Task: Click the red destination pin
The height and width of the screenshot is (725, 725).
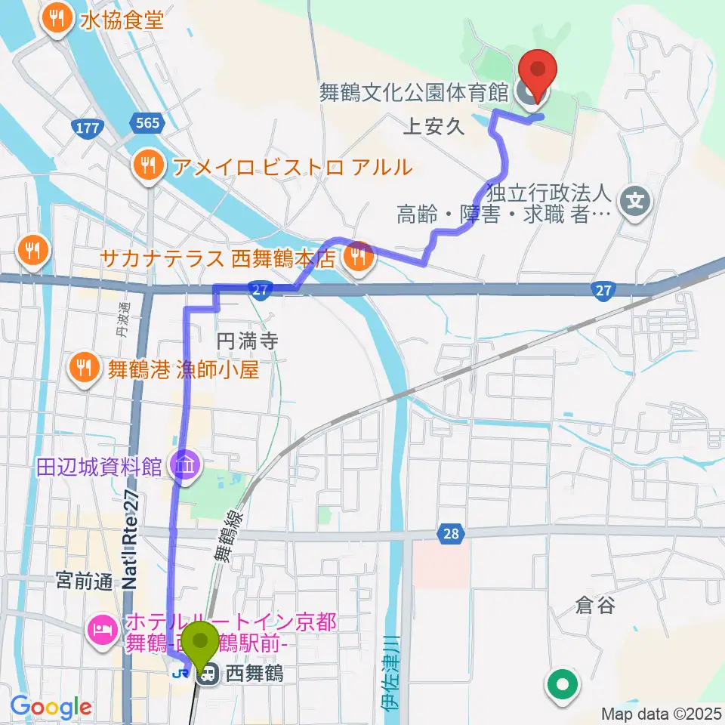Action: (538, 69)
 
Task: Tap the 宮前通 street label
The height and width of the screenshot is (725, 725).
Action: (84, 582)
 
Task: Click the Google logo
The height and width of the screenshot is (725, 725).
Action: (51, 707)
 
